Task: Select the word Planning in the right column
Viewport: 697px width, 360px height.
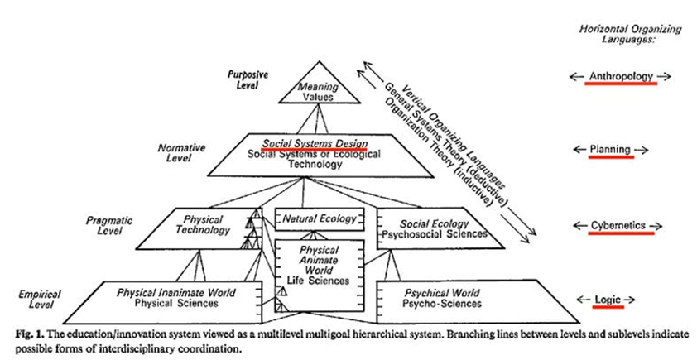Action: point(610,150)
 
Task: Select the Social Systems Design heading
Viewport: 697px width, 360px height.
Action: point(314,142)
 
